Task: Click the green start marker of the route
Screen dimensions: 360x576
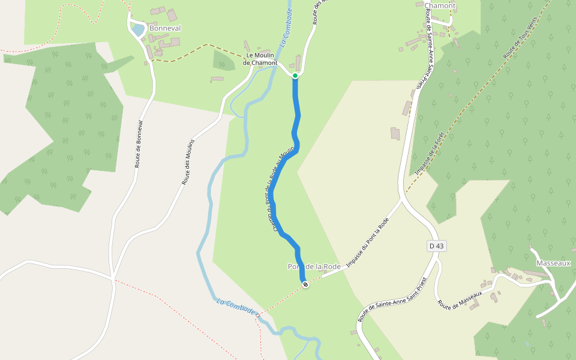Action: click(295, 76)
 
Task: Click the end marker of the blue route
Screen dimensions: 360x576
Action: click(305, 284)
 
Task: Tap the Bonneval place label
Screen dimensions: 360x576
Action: click(165, 28)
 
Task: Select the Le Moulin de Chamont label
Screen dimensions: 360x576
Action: click(260, 59)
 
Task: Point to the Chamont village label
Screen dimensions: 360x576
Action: click(440, 6)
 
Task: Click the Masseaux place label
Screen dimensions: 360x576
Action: click(553, 263)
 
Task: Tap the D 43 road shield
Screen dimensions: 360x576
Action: click(437, 246)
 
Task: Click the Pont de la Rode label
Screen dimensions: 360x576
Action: click(314, 266)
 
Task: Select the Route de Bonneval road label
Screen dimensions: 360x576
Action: click(139, 144)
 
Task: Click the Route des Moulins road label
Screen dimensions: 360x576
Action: click(189, 161)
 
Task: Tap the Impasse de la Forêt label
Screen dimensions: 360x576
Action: click(430, 154)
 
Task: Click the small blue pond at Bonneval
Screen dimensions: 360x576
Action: click(138, 29)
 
